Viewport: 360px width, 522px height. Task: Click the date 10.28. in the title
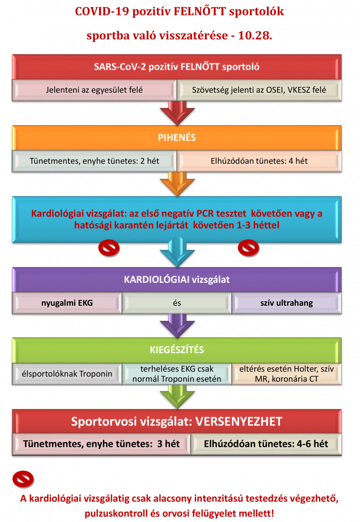click(x=255, y=36)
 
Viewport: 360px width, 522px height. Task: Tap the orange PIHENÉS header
click(x=176, y=138)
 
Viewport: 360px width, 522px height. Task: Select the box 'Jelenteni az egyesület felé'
click(x=94, y=90)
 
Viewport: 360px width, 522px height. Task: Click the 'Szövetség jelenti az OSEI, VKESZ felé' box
click(x=259, y=90)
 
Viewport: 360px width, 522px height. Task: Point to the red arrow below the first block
click(x=177, y=113)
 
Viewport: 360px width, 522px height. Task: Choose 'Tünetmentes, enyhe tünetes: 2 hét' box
click(x=94, y=161)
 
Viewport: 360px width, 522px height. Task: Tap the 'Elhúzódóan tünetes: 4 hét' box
click(x=259, y=161)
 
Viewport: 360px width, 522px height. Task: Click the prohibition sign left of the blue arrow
click(x=109, y=248)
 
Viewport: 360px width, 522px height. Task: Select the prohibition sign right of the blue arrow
click(x=248, y=248)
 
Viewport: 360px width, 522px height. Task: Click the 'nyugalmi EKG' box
click(x=67, y=303)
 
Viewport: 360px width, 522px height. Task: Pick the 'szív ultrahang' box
click(x=286, y=303)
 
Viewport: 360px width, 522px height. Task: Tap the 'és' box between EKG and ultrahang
click(x=176, y=303)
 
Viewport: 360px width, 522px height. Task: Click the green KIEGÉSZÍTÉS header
click(x=176, y=350)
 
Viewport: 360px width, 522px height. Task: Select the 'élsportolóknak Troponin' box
click(x=67, y=374)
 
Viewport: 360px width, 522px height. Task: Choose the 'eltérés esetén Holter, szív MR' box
click(x=286, y=374)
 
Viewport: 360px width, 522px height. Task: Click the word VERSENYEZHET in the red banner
click(x=238, y=421)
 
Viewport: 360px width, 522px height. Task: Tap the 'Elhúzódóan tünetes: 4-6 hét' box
click(x=266, y=444)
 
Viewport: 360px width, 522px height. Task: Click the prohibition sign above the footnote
click(x=23, y=479)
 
